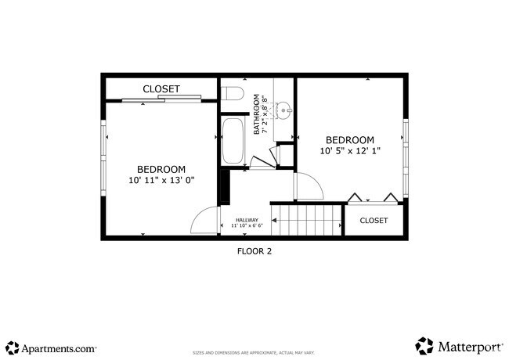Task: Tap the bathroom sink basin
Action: point(283,109)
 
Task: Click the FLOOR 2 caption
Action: point(254,251)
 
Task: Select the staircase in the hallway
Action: point(308,220)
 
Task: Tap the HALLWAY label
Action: point(247,220)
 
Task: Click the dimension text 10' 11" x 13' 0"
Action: point(161,180)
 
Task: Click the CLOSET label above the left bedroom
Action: point(161,89)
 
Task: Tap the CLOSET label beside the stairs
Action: point(374,221)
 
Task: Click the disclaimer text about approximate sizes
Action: point(254,353)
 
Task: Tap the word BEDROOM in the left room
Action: point(161,169)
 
